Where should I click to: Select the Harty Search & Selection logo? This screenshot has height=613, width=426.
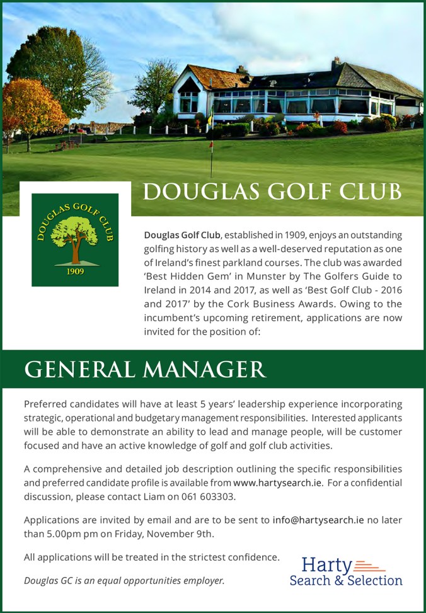click(346, 571)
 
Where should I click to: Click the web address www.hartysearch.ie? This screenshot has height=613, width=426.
click(278, 483)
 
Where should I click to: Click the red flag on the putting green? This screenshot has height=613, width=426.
click(211, 144)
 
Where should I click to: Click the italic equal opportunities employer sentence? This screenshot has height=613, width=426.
click(124, 580)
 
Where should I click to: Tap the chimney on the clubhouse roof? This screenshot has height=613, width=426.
click(336, 62)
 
